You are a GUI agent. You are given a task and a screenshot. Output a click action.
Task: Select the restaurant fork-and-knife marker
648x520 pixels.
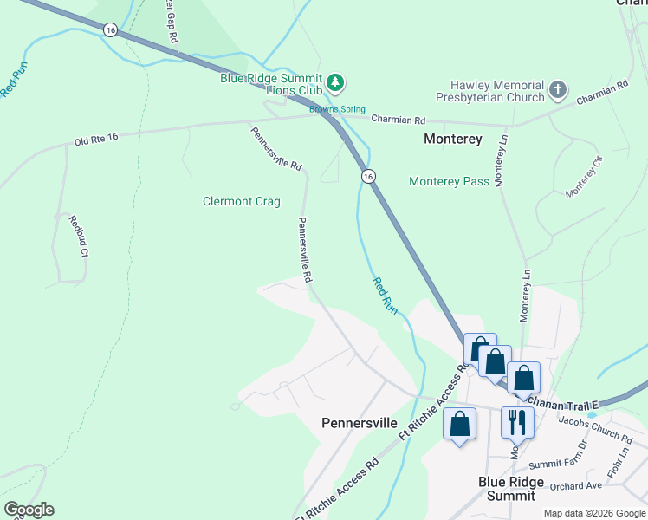pos(516,422)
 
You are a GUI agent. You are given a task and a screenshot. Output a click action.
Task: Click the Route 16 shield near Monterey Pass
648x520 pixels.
pos(368,176)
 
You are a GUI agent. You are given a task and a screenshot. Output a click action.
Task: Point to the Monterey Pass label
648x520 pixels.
pos(449,181)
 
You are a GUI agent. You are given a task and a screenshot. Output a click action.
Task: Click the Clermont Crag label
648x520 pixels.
pos(242,202)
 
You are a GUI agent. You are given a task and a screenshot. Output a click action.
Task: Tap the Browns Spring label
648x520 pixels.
pos(338,110)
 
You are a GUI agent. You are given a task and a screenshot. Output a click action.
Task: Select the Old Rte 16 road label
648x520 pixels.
pos(96,140)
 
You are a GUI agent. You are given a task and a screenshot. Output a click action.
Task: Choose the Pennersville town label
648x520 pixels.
pos(359,423)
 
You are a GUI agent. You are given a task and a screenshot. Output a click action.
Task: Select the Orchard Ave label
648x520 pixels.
pos(574,485)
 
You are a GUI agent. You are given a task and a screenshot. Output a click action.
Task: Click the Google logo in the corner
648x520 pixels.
pos(29,510)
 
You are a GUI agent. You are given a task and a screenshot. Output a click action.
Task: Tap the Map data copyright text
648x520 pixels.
pos(593,513)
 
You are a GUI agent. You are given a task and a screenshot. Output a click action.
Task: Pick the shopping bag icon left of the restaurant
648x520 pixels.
pos(459,425)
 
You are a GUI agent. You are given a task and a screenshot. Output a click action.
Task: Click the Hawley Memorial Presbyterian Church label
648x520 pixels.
pos(496,92)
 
